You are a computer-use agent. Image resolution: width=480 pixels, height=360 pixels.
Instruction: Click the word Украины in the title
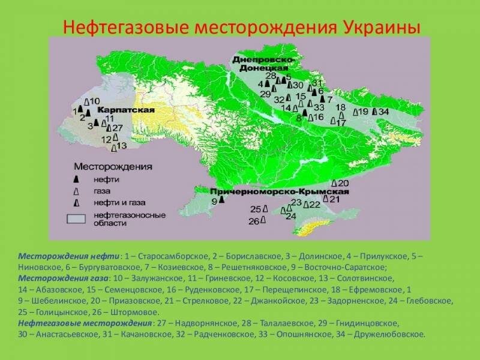click(x=382, y=27)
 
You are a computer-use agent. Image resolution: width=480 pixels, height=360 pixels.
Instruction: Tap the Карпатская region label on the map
click(x=126, y=110)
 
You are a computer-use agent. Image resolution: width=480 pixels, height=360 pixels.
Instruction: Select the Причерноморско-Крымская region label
click(x=280, y=192)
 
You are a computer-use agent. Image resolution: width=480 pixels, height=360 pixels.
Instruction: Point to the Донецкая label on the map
click(x=264, y=68)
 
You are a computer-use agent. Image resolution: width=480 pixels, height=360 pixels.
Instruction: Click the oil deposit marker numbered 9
click(x=221, y=200)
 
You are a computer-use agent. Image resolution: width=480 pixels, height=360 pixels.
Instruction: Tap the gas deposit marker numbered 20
click(x=335, y=184)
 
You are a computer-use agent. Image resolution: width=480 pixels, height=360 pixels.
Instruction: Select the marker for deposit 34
click(x=374, y=112)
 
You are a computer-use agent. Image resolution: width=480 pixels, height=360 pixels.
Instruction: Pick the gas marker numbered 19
click(x=355, y=112)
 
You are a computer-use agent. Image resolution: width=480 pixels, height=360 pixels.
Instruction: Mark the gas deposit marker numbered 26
click(x=263, y=220)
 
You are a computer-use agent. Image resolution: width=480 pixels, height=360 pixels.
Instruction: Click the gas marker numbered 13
click(x=114, y=148)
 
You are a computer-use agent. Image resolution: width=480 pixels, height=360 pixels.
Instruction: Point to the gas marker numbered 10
click(x=87, y=101)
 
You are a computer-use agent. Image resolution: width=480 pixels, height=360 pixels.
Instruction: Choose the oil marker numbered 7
click(x=322, y=99)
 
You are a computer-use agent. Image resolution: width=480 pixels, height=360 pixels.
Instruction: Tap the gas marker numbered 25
click(x=265, y=209)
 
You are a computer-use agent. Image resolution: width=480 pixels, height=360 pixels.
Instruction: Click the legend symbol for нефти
click(x=76, y=179)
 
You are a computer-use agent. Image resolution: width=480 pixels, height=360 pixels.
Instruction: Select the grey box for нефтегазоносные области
click(x=76, y=218)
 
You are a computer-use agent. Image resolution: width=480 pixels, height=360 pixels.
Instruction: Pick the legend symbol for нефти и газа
click(x=76, y=202)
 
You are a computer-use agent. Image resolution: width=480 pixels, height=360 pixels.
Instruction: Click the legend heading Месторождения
click(x=113, y=167)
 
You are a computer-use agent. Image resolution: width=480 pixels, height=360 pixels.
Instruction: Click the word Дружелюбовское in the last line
click(x=389, y=334)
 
